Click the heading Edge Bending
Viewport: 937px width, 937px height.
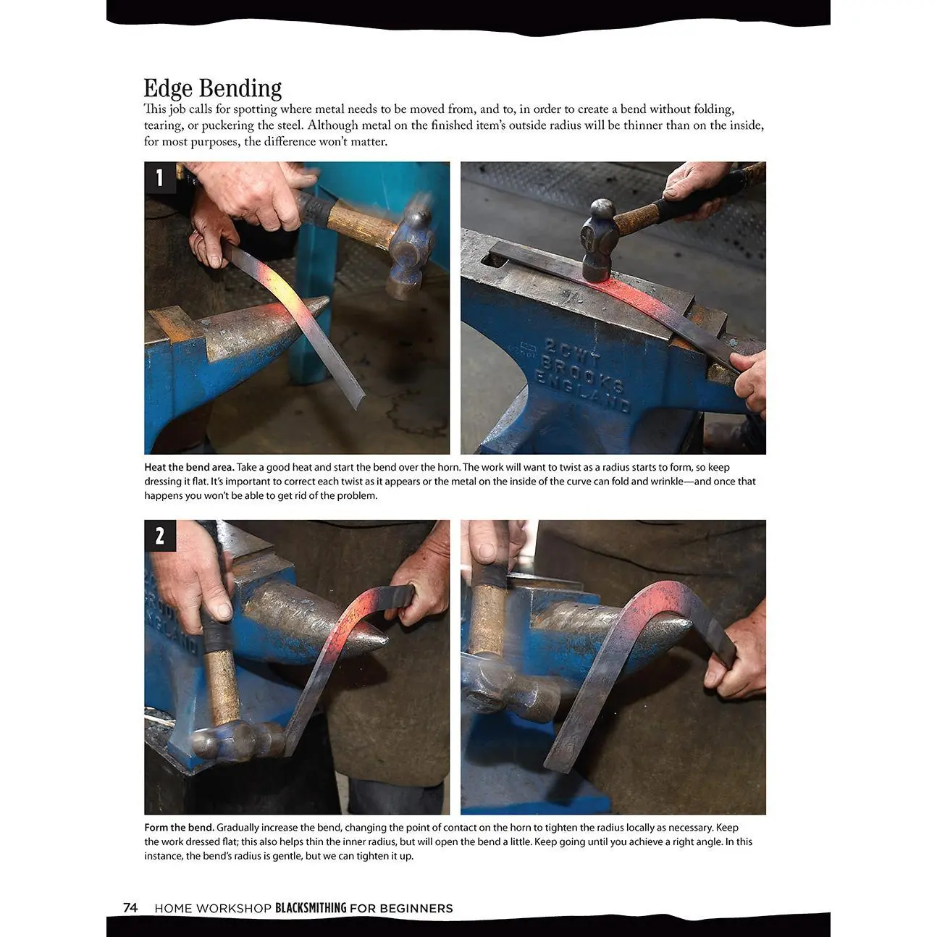click(212, 88)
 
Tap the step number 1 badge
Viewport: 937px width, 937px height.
click(160, 178)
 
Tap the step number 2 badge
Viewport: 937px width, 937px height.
click(160, 536)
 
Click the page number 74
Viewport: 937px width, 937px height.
click(130, 908)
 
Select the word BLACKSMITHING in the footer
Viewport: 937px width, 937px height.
click(311, 908)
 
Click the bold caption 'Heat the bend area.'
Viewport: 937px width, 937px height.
click(189, 467)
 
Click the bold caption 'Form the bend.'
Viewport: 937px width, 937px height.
click(179, 828)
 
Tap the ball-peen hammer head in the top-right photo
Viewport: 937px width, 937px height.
click(597, 240)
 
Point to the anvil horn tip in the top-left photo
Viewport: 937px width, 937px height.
click(327, 300)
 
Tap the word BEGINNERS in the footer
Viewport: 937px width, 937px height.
click(416, 908)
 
